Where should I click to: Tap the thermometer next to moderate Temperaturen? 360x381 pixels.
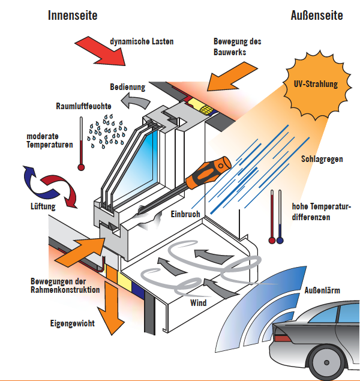(x=80, y=144)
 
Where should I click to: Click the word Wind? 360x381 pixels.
(x=198, y=302)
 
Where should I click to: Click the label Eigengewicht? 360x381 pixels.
(x=72, y=323)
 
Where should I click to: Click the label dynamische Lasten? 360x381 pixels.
(x=142, y=42)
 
